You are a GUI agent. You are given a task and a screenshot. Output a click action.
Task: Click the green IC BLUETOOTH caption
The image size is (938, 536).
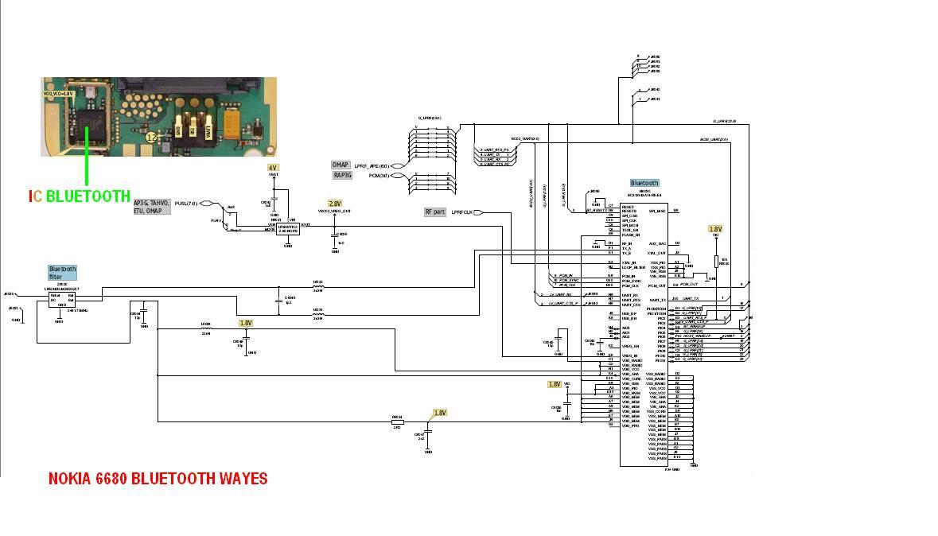coord(80,196)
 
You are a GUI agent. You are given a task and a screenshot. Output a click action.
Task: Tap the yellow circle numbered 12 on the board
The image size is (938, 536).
coord(150,137)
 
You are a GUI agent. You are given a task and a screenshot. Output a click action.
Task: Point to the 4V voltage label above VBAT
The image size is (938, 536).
coord(273,168)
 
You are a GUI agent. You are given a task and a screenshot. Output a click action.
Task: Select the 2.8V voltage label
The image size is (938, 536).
coord(335,204)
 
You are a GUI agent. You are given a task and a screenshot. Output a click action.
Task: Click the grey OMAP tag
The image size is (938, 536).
coord(341,165)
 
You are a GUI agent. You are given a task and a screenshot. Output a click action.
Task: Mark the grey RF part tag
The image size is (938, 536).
coord(434,212)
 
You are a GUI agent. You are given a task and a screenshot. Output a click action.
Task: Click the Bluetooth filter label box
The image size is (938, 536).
coord(61,273)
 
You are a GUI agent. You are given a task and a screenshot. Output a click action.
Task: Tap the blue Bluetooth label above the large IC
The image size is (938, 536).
coord(644,183)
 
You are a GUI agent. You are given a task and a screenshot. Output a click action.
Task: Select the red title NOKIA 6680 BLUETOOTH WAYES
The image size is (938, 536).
coord(158,479)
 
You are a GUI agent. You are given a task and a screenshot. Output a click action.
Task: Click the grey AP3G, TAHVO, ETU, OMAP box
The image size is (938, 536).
coord(152,207)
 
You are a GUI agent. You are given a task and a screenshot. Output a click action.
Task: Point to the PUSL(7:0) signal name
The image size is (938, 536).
coord(185,204)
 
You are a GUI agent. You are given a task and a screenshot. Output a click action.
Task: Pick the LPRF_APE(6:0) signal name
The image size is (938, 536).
coord(372,165)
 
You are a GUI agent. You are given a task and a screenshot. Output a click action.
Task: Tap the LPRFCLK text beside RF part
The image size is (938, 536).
coord(461,212)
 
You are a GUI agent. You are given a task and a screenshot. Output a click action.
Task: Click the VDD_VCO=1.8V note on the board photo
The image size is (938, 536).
coord(58,94)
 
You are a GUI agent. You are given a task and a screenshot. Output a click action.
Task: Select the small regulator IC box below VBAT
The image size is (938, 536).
coord(287,227)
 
